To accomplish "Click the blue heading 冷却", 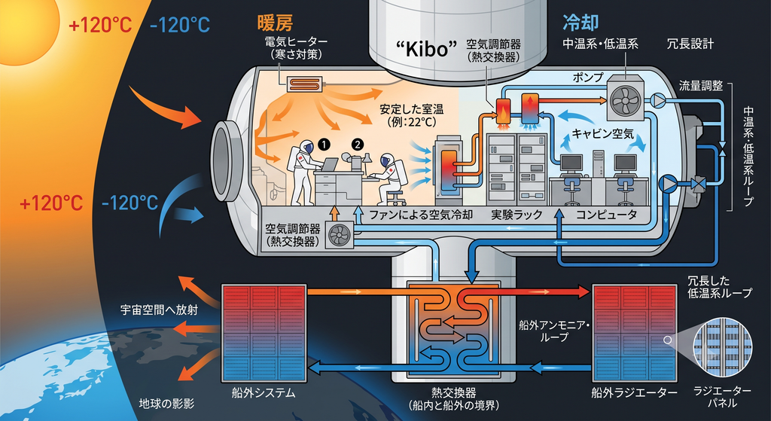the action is [x=581, y=22].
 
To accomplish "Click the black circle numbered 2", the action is [x=358, y=144].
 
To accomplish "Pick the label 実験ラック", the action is [x=517, y=215].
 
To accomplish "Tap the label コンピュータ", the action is [x=606, y=215].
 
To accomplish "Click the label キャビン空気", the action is [x=603, y=133].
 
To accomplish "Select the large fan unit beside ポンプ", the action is [x=625, y=96].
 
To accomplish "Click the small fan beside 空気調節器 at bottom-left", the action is [x=340, y=235].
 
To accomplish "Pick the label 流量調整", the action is [x=701, y=86].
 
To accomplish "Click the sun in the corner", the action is [x=25, y=29].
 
